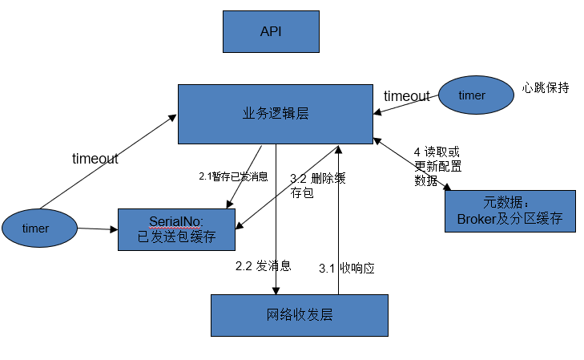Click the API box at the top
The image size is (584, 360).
click(271, 31)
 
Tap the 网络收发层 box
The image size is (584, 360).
click(299, 314)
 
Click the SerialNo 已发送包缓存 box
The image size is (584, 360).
click(177, 229)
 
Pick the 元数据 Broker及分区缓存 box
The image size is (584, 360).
click(509, 211)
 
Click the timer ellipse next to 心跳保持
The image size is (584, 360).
click(475, 95)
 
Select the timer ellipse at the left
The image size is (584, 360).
click(37, 229)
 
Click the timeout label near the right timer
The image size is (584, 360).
click(406, 96)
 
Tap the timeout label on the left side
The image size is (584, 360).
click(95, 159)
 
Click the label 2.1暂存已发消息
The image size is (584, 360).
click(233, 176)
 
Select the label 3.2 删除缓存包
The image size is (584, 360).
click(318, 184)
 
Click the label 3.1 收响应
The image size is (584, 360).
click(347, 268)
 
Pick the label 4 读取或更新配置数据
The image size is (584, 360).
click(437, 166)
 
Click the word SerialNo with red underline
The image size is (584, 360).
click(176, 220)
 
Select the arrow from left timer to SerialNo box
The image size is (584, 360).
click(95, 229)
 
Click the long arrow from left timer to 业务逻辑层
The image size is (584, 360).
click(108, 160)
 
